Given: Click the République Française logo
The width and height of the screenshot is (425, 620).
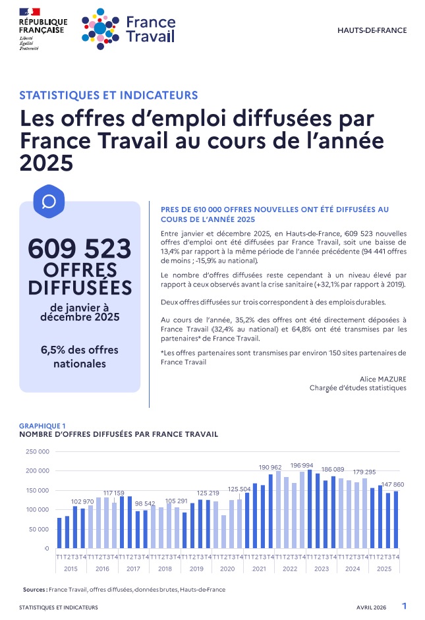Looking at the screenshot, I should [x=42, y=28].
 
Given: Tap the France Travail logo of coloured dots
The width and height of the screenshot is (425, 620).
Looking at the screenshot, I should [x=101, y=29].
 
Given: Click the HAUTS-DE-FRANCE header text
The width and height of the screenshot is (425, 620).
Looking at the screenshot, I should [x=372, y=30].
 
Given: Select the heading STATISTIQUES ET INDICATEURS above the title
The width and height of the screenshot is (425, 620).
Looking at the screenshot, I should [x=109, y=95].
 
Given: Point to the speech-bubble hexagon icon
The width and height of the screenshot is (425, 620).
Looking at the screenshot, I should [x=48, y=200].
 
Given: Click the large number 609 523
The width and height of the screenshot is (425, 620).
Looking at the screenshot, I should [x=80, y=250].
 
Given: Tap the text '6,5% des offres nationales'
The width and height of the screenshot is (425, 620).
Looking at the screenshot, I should [x=80, y=356].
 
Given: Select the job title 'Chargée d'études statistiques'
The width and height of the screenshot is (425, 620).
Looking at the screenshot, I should [x=358, y=388].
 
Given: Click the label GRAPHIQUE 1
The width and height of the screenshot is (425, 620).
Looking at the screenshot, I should [x=43, y=426].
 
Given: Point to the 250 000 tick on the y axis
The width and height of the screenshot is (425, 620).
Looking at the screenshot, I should [x=37, y=452].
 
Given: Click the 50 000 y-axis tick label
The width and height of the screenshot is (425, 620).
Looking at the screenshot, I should [x=38, y=529].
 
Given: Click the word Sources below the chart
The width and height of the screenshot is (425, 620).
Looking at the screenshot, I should [x=34, y=590].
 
